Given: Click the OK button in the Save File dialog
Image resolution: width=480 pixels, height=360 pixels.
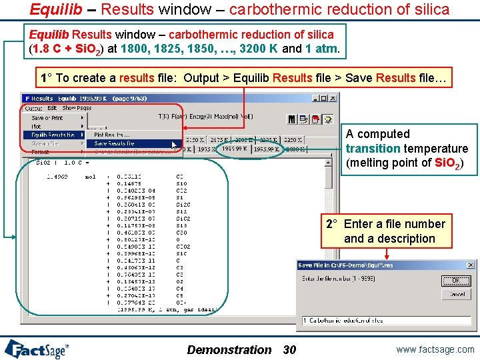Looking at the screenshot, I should click(x=456, y=281).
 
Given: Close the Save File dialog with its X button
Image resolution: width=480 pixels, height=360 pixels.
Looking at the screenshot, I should click(x=470, y=265).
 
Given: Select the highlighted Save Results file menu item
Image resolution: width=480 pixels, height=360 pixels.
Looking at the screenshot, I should click(x=114, y=143).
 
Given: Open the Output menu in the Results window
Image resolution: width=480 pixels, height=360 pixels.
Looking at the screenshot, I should click(x=33, y=108).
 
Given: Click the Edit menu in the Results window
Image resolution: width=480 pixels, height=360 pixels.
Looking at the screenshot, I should click(x=52, y=108).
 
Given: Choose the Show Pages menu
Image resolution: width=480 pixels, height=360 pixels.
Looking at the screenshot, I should click(x=77, y=108).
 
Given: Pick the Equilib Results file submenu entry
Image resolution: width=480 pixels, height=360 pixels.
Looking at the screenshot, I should click(x=53, y=135).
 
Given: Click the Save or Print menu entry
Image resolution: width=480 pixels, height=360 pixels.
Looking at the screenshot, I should click(x=47, y=118).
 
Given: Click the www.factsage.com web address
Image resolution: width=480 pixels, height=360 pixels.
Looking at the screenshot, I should click(x=434, y=349).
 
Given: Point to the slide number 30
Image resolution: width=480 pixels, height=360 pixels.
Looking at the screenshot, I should click(x=289, y=350).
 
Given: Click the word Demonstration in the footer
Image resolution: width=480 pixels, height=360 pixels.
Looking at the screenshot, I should click(x=229, y=350).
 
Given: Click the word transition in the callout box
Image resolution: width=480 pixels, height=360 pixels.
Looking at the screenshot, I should click(x=373, y=149).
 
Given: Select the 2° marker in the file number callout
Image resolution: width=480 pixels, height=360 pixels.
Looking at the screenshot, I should click(x=332, y=224).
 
